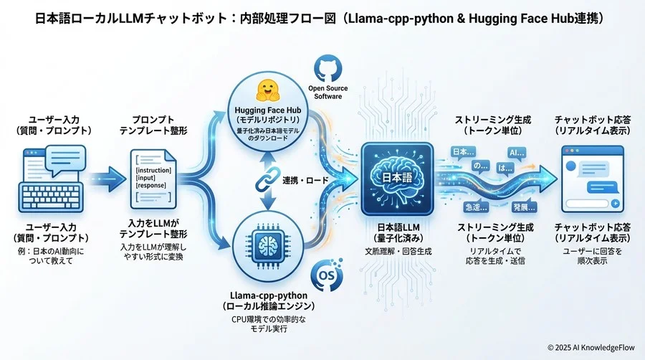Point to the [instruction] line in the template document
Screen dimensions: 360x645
pos(153,167)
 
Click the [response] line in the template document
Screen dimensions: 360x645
pos(152,186)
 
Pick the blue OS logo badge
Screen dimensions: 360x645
pos(323,276)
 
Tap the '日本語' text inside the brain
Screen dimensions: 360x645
pos(396,176)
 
